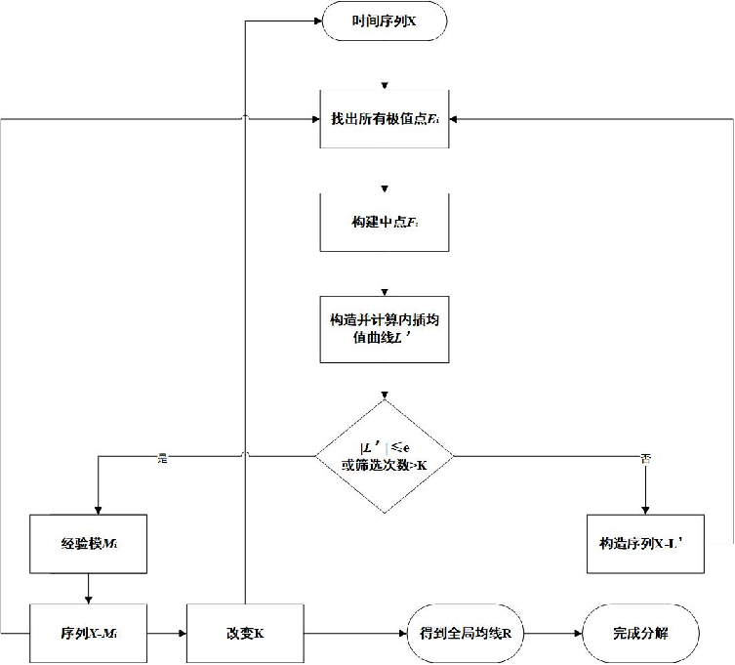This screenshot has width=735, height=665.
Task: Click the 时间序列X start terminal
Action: coord(385,21)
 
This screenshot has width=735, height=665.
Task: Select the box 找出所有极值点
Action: coord(385,118)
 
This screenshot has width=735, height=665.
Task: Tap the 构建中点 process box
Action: coord(385,223)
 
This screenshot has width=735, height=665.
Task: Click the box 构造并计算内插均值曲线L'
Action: coord(385,327)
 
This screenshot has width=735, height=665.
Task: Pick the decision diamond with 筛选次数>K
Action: coord(385,455)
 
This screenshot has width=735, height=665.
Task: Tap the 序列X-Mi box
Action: coord(89,633)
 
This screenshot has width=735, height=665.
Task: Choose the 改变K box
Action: coord(245,633)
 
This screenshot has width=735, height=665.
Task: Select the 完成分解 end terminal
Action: coord(641,633)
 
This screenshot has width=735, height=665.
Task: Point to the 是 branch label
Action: coord(163,457)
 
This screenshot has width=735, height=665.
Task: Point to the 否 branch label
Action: coord(645,457)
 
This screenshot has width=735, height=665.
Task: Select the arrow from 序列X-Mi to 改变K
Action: coord(166,633)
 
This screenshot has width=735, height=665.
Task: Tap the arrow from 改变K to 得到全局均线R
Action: coord(354,633)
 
